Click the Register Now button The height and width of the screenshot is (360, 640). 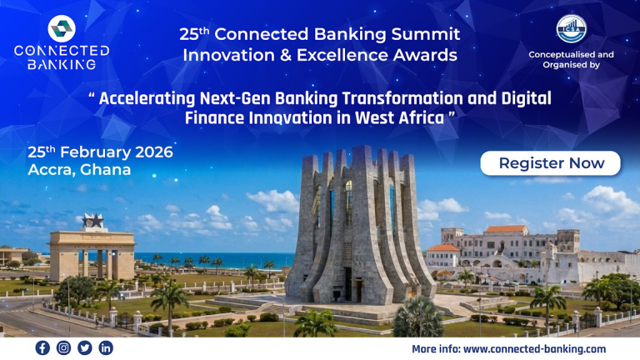[551, 163]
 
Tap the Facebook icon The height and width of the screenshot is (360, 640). [42, 347]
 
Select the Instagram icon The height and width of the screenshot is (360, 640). [63, 347]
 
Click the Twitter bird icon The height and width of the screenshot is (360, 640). [84, 347]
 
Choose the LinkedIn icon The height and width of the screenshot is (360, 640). [106, 347]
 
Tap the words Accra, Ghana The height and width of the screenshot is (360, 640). [79, 169]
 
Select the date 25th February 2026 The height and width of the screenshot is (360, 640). [100, 152]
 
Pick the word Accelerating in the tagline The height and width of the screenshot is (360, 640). [147, 98]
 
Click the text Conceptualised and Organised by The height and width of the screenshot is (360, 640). [571, 59]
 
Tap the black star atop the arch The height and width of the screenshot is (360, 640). [92, 222]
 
